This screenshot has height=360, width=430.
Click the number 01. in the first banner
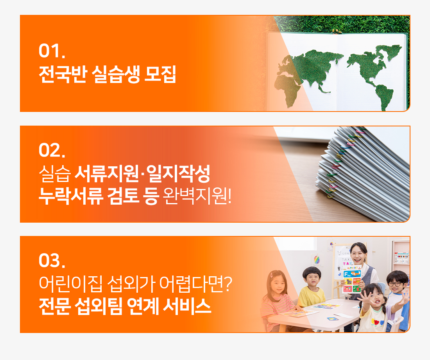point(52,51)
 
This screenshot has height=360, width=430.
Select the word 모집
point(160,74)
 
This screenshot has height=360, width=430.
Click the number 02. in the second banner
point(52,150)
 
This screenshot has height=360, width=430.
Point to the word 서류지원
point(107,174)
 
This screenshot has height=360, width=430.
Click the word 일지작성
point(178,174)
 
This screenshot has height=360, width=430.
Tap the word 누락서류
point(71,196)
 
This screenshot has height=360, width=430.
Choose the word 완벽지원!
point(197,196)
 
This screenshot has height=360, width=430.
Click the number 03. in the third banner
point(52,260)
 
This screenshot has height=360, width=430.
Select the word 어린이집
point(70,283)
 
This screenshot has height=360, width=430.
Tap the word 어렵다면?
point(195,283)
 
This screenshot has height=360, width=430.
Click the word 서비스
point(187,306)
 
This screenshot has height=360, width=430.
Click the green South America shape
point(384,97)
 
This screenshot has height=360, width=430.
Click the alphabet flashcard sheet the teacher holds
point(352,279)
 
